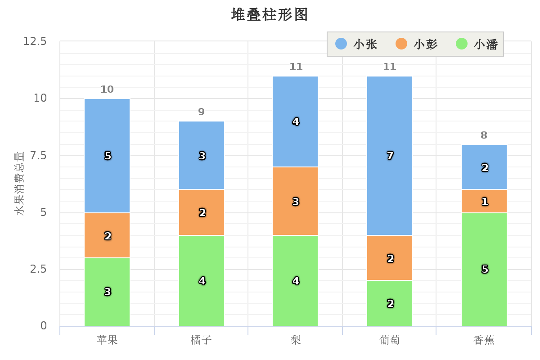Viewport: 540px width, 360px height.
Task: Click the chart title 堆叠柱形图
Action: click(270, 14)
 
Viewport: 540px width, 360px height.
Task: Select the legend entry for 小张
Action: click(356, 44)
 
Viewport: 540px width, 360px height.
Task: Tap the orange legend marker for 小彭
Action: click(401, 44)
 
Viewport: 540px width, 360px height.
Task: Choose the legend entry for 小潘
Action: click(477, 44)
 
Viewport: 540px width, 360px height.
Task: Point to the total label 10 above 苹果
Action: click(107, 89)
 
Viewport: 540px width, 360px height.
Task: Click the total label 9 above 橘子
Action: click(202, 112)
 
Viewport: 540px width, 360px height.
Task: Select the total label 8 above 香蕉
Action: click(484, 135)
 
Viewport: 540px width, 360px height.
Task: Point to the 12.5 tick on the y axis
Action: click(35, 41)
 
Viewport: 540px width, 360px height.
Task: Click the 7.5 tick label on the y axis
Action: click(38, 155)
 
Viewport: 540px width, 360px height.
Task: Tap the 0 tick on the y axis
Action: click(44, 326)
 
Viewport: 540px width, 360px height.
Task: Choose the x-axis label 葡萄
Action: click(390, 340)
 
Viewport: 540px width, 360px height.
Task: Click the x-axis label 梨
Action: click(296, 340)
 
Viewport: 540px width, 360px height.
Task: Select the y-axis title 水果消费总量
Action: click(19, 184)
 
